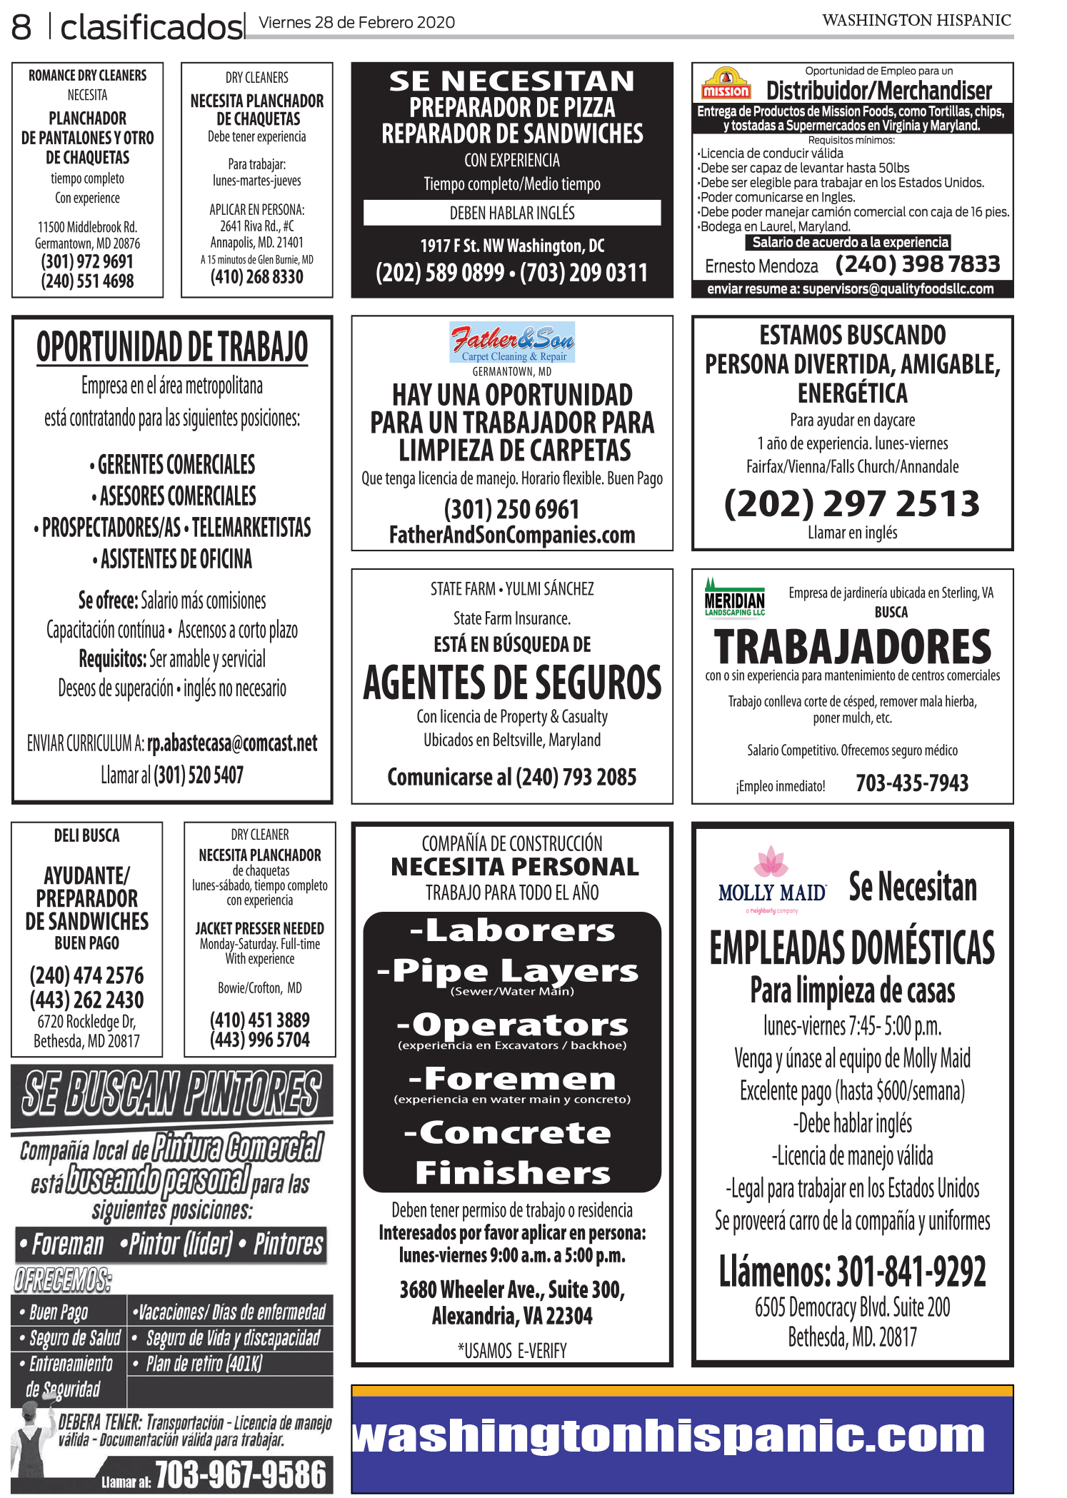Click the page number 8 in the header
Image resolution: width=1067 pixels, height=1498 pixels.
click(x=21, y=27)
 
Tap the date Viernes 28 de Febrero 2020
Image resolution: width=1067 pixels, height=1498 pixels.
click(x=356, y=22)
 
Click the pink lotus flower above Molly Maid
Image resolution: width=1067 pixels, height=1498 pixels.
click(x=771, y=862)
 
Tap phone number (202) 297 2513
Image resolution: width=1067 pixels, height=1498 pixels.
click(x=852, y=503)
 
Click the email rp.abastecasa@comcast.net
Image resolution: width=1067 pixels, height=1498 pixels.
click(x=232, y=743)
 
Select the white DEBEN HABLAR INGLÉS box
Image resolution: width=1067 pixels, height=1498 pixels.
click(x=512, y=213)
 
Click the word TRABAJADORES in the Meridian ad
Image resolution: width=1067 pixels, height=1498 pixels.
click(x=852, y=647)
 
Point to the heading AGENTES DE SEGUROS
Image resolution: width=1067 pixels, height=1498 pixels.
click(x=512, y=683)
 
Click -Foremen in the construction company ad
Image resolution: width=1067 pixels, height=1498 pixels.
click(x=512, y=1078)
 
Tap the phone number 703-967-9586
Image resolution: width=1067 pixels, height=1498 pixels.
click(x=240, y=1474)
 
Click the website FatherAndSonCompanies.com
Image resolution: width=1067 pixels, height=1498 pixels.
click(x=512, y=535)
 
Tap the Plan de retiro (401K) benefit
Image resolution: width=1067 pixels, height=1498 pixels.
click(x=204, y=1364)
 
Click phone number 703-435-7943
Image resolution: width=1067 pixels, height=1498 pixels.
click(x=912, y=783)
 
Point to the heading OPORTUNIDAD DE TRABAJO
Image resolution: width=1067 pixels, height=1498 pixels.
click(x=172, y=348)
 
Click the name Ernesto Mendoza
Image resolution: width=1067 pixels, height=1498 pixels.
click(x=761, y=266)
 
